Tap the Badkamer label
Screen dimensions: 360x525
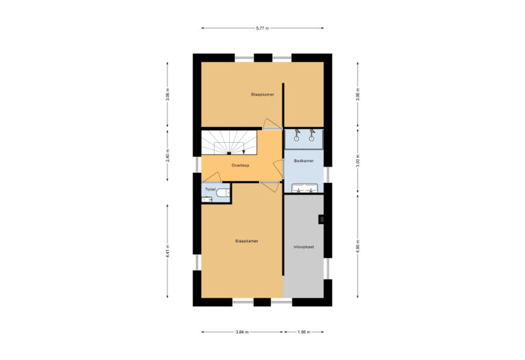point(304,161)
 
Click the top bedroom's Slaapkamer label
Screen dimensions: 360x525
point(262,95)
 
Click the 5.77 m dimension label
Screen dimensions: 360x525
point(262,28)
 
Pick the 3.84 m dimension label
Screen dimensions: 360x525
point(243,332)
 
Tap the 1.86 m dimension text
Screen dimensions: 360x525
point(304,332)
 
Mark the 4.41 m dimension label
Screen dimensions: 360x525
point(167,250)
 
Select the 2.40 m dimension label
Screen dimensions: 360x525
point(167,155)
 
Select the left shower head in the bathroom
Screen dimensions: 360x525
point(297,134)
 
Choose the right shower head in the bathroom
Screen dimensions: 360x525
point(312,134)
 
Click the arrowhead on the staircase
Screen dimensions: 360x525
point(243,153)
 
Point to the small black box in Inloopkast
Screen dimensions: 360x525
point(321,219)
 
